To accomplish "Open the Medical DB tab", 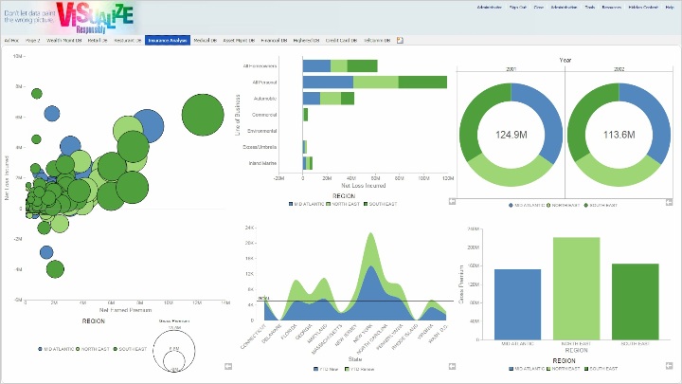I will click(x=204, y=41).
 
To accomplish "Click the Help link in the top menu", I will click(x=670, y=7).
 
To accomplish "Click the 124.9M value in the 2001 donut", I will click(x=511, y=135).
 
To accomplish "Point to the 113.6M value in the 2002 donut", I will click(x=619, y=135).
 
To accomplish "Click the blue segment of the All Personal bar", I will click(x=328, y=82).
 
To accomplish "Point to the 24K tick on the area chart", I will click(x=249, y=229).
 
